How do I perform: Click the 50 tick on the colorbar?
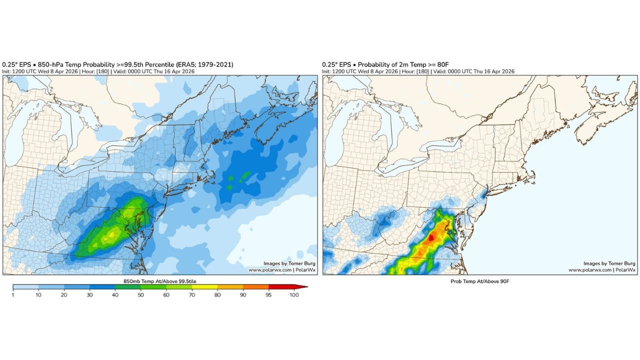(x=140, y=295)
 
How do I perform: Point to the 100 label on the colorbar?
(x=294, y=295)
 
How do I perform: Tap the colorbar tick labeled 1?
(x=13, y=295)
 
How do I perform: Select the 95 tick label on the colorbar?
(x=268, y=295)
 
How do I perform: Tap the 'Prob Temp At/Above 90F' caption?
(x=479, y=281)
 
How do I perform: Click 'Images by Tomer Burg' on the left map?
(x=289, y=263)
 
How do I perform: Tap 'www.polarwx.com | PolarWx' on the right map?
(x=602, y=270)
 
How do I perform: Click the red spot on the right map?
(x=431, y=238)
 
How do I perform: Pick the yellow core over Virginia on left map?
(x=112, y=232)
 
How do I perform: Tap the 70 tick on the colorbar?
(x=191, y=295)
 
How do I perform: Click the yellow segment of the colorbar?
(x=204, y=287)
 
